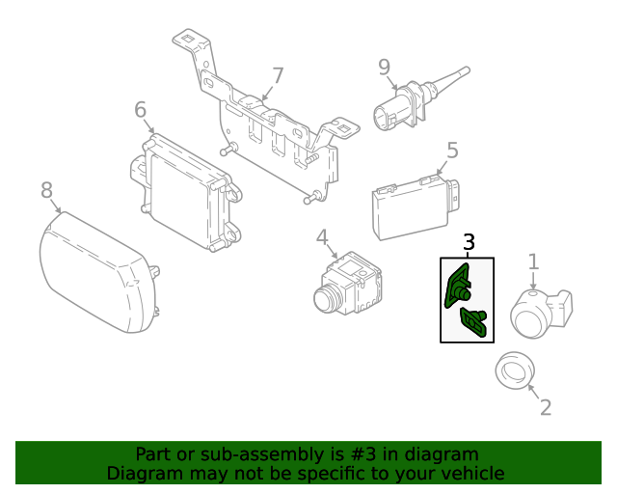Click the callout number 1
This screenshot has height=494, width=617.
coord(532,261)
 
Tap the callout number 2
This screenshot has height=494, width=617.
coord(546,407)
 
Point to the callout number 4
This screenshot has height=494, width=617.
coord(322,237)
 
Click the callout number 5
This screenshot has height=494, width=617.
coord(452,150)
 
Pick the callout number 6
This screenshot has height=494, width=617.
coord(140,110)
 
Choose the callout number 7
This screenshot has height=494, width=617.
coord(278,75)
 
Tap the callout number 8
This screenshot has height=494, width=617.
coord(47,190)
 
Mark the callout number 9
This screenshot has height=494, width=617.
coord(384,67)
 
